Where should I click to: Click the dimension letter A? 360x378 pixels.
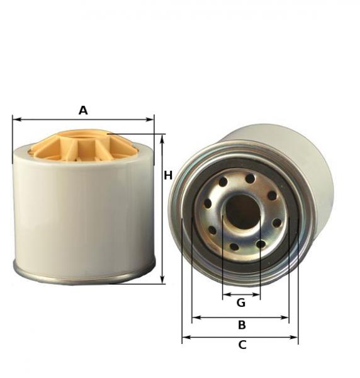pyautogui.click(x=83, y=110)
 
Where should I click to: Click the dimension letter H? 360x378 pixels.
pyautogui.click(x=168, y=175)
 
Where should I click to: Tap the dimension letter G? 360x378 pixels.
pyautogui.click(x=241, y=302)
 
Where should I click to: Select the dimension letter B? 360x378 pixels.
pyautogui.click(x=242, y=324)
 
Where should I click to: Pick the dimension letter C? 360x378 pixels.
pyautogui.click(x=242, y=345)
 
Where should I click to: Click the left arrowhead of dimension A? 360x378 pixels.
pyautogui.click(x=16, y=119)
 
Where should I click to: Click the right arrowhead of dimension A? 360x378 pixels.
pyautogui.click(x=150, y=119)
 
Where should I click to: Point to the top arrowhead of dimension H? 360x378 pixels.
pyautogui.click(x=163, y=139)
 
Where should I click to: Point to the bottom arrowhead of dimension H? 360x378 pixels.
pyautogui.click(x=163, y=279)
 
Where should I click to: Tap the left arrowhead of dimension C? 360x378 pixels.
pyautogui.click(x=186, y=337)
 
